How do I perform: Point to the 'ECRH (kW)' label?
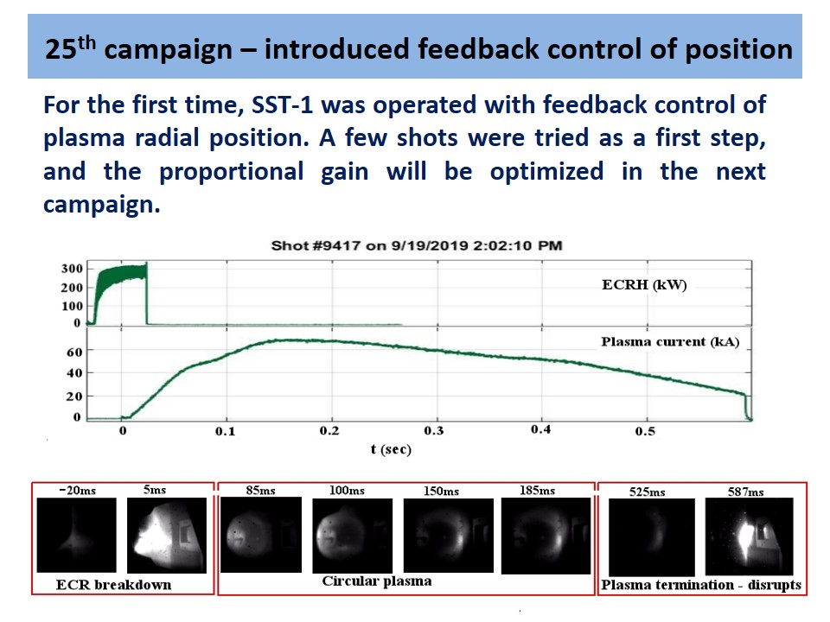[644, 286]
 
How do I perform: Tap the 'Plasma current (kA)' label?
[670, 342]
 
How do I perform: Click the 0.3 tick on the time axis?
[434, 431]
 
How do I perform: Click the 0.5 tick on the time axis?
[645, 431]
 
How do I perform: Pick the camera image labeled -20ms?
[77, 536]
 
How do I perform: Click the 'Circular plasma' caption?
[376, 581]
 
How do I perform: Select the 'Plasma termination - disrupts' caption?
[701, 585]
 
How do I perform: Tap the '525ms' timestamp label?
[648, 492]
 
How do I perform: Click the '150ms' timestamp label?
[441, 492]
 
